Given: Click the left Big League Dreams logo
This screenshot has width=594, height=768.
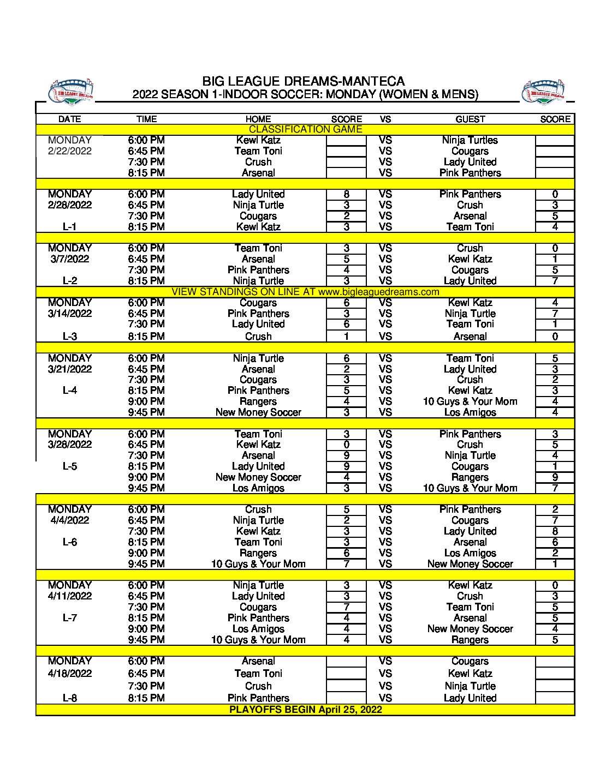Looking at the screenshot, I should [x=71, y=92].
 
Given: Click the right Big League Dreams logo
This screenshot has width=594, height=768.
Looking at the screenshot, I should [x=543, y=92].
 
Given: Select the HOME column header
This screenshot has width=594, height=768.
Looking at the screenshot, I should [x=258, y=119].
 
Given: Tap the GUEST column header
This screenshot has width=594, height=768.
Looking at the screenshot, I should [x=470, y=119].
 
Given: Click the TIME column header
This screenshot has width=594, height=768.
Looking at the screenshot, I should [x=146, y=119].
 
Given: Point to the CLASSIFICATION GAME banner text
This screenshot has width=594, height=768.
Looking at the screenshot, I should [x=305, y=129].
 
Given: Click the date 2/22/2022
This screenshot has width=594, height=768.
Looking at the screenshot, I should [x=70, y=151].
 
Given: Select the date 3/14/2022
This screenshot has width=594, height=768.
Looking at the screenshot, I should [x=70, y=314].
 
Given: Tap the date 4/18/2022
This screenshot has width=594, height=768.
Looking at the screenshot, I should [x=70, y=674].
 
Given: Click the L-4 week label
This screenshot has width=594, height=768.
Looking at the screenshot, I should [x=70, y=391].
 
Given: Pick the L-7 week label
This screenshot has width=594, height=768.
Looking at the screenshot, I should [x=70, y=618].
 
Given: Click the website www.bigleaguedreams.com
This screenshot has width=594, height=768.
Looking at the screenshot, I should [x=379, y=292].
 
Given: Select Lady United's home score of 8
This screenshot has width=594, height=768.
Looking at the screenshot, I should [x=347, y=194].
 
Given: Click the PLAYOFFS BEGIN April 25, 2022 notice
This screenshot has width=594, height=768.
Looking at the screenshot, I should [x=305, y=710].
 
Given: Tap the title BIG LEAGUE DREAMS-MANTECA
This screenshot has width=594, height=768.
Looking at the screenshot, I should [x=304, y=81].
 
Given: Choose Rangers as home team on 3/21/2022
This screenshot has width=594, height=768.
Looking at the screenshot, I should [x=258, y=401].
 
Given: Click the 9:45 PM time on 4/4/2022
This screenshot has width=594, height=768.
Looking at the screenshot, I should [x=146, y=564].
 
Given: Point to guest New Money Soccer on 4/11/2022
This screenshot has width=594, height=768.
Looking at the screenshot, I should [x=470, y=629].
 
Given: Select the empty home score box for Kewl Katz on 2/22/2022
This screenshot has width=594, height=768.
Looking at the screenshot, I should [x=346, y=140].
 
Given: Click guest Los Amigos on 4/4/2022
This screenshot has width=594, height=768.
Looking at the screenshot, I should [x=470, y=553].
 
